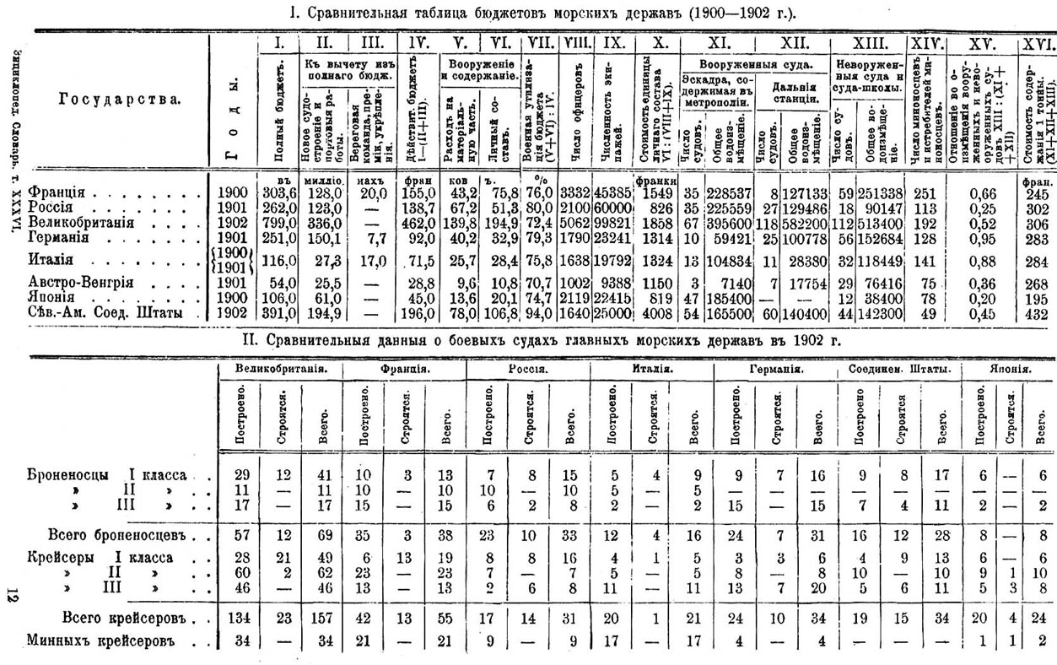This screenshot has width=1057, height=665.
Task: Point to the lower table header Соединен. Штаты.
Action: click(901, 370)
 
